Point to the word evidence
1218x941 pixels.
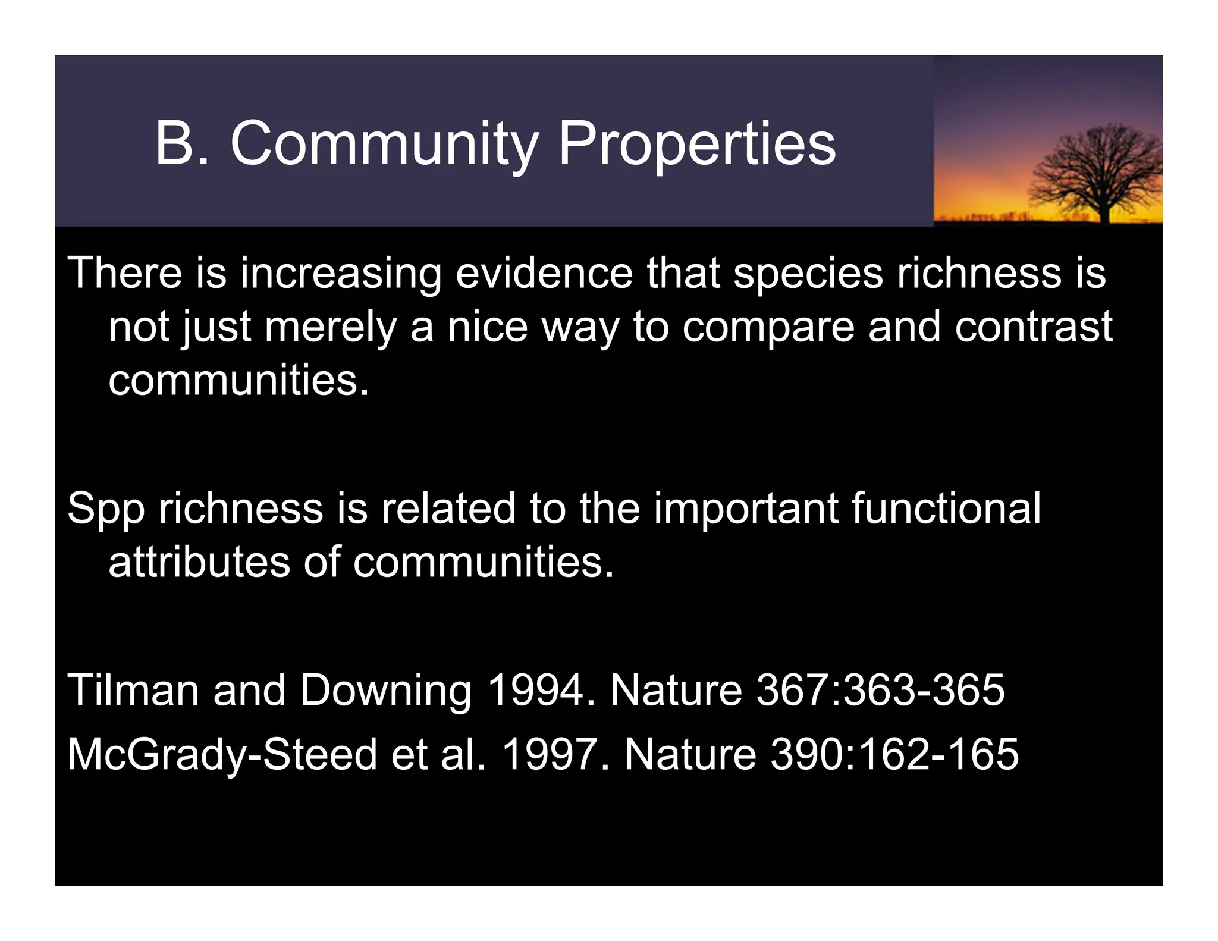point(544,273)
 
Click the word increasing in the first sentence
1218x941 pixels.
point(340,273)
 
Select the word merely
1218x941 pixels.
point(330,327)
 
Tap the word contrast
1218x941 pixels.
point(1033,327)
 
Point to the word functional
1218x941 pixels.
point(946,509)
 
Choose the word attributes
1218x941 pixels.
point(199,562)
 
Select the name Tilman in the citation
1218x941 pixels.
point(133,690)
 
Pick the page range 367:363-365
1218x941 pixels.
point(880,690)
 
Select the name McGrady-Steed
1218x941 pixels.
point(222,754)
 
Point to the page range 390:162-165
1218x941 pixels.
point(894,754)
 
